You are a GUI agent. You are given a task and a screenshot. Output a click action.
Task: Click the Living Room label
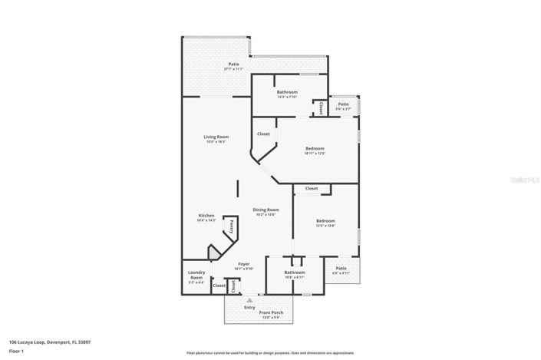click(x=216, y=137)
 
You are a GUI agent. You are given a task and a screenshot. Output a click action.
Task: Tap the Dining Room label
click(x=266, y=210)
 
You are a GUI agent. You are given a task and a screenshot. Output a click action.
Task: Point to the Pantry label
click(x=232, y=228)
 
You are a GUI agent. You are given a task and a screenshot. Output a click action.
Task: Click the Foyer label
click(x=244, y=264)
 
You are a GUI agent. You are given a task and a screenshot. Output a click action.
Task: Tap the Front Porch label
click(x=272, y=312)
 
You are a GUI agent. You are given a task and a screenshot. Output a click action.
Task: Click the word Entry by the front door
click(x=249, y=307)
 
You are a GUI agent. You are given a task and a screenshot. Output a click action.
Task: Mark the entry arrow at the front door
click(x=249, y=300)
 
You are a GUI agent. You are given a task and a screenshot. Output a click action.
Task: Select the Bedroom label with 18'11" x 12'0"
click(x=315, y=148)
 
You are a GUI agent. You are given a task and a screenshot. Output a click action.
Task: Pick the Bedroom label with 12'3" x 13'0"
click(x=325, y=221)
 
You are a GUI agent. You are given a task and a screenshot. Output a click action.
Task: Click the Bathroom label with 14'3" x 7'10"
click(x=288, y=92)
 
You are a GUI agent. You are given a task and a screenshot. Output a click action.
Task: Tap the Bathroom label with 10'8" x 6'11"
click(x=295, y=272)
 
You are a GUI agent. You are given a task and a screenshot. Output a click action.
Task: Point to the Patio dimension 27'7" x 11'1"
click(x=233, y=69)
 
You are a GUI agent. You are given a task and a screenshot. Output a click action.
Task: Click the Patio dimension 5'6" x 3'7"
click(x=343, y=109)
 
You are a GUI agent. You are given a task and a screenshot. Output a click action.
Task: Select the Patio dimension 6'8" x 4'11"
click(x=341, y=273)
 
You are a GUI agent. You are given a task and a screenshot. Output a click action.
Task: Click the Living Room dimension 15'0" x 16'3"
click(x=216, y=142)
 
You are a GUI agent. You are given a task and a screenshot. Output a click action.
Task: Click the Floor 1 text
click(x=16, y=351)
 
